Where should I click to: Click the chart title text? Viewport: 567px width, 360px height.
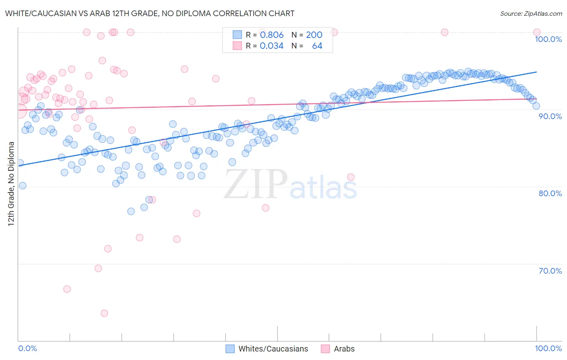(x=150, y=13)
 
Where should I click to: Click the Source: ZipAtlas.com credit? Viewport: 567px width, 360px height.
(x=531, y=13)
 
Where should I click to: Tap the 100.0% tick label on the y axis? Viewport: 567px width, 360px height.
(x=548, y=39)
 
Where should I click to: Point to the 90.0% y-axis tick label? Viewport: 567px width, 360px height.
(x=550, y=116)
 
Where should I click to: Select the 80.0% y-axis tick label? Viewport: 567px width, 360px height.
(x=550, y=193)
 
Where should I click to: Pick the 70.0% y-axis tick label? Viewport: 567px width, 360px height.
(x=550, y=271)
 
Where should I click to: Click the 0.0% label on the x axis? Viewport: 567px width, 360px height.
(x=27, y=348)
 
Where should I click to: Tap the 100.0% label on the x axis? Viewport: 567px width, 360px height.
(x=548, y=348)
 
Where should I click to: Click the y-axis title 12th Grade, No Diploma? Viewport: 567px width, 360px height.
(x=11, y=184)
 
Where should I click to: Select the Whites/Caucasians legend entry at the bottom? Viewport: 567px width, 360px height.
(x=273, y=349)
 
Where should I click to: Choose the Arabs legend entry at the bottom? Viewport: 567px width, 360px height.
(x=344, y=349)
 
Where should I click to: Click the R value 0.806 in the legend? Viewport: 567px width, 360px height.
(x=271, y=35)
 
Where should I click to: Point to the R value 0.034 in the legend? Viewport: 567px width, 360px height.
(x=271, y=46)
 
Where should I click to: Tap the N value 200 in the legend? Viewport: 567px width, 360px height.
(x=314, y=35)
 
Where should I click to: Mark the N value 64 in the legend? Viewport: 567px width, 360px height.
(x=317, y=46)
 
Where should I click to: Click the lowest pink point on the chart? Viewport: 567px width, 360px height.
(x=104, y=313)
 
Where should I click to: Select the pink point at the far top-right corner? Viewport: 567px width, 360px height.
(x=537, y=32)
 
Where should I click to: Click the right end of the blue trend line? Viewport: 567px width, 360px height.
(x=537, y=72)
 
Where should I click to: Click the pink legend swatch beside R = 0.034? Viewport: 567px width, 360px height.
(x=237, y=46)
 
